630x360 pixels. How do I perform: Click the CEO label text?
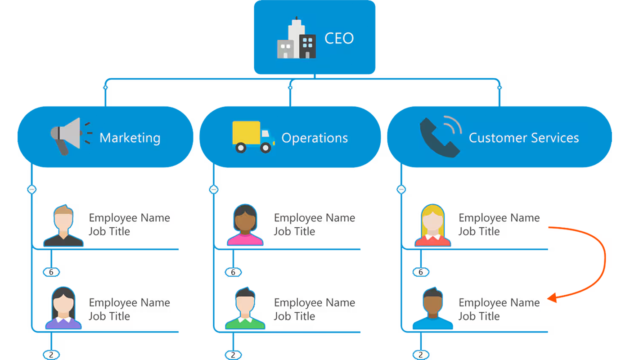point(339,38)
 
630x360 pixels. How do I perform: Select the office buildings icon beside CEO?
point(296,39)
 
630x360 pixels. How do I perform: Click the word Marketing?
point(130,138)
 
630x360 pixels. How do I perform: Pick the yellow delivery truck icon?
point(253,136)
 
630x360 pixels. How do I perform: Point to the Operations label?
point(315,138)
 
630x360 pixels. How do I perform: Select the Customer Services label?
point(524,138)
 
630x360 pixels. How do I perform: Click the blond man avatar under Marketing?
point(63,225)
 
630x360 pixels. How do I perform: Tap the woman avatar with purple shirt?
point(63,308)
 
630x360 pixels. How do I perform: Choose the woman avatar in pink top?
point(245,225)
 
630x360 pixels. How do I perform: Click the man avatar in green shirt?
point(245,308)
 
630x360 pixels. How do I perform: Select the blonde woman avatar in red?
point(432,225)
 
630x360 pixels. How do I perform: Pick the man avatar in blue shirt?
point(432,308)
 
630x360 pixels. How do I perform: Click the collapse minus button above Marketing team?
point(31,189)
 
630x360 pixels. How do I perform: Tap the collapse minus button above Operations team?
point(214,189)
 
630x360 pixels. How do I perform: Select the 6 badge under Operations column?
point(233,272)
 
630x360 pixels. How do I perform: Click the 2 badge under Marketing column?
point(51,355)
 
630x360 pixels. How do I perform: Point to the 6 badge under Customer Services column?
point(421,272)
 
